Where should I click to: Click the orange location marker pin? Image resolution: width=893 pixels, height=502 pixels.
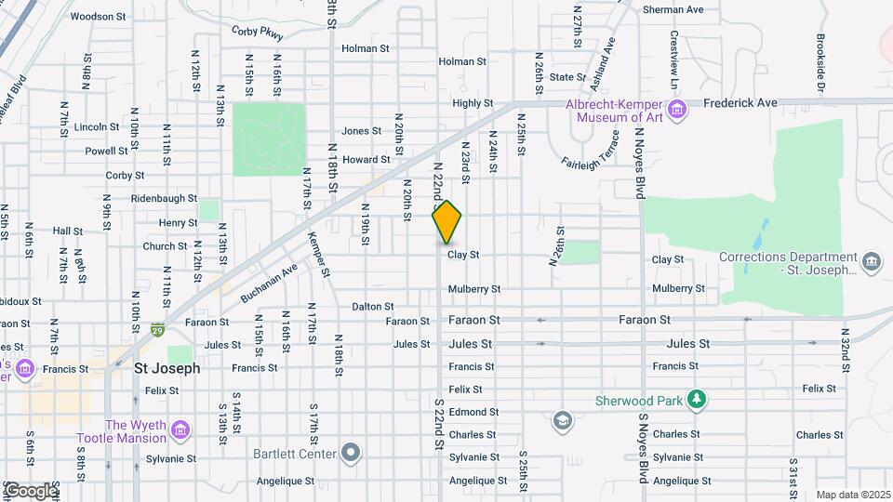coord(447,221)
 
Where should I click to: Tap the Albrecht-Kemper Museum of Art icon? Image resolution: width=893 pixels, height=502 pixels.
coord(678,112)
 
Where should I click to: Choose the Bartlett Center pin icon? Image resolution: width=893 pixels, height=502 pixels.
coord(350,453)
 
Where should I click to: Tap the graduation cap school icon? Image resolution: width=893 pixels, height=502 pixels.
coord(561,421)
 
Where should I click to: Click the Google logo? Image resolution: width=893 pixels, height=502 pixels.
coord(30,490)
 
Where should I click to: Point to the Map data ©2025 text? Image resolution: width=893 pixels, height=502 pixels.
coord(853,495)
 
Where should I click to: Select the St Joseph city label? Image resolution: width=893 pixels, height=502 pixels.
coord(167,368)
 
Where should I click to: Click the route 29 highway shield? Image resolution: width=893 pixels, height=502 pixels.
coord(158,329)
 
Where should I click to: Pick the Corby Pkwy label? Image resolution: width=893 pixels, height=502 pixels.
coord(258,33)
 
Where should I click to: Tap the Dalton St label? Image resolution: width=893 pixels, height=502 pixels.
coord(373,306)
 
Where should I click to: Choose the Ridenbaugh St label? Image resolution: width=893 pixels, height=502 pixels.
coord(165,198)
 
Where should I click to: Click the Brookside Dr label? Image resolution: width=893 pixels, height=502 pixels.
coord(820,65)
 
